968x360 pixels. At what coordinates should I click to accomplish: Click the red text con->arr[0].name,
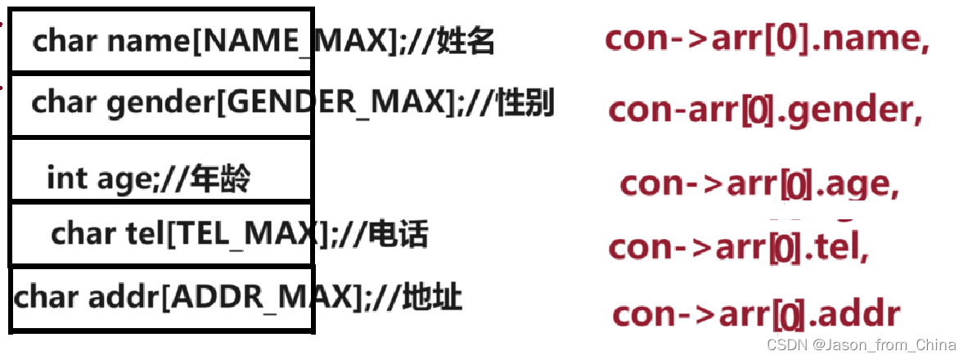[767, 39]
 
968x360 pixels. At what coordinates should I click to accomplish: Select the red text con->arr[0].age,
[759, 184]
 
